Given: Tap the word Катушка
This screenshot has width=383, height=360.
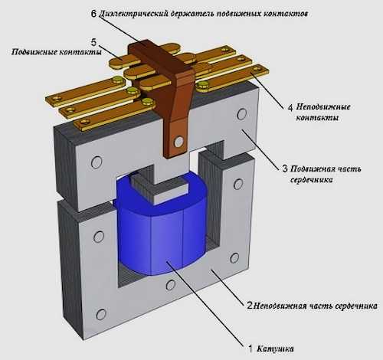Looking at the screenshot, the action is click(x=275, y=349).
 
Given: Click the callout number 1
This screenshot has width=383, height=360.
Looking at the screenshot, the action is click(x=250, y=349).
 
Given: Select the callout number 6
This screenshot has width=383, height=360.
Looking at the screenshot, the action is click(x=93, y=13).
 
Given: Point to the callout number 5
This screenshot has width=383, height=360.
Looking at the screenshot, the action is click(x=93, y=42).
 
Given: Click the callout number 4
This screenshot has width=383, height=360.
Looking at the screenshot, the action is click(x=290, y=107).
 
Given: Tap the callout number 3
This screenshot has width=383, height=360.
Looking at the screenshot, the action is click(x=285, y=169).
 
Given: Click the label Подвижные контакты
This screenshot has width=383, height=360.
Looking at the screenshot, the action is click(x=57, y=52).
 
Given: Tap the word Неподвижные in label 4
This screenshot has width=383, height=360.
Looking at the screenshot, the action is click(x=323, y=106).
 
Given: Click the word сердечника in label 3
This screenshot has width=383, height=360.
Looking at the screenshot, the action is click(x=312, y=180).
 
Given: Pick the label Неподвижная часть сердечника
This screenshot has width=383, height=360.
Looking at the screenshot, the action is click(x=316, y=306).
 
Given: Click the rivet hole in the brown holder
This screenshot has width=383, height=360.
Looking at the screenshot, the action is click(x=178, y=142).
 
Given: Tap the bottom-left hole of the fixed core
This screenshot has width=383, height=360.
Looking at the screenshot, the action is click(x=101, y=315).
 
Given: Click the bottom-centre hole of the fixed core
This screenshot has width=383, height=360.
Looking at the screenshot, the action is click(x=170, y=285).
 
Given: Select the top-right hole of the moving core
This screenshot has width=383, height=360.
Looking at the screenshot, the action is click(x=241, y=114).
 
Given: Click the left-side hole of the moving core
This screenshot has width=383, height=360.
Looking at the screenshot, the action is click(x=97, y=162).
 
